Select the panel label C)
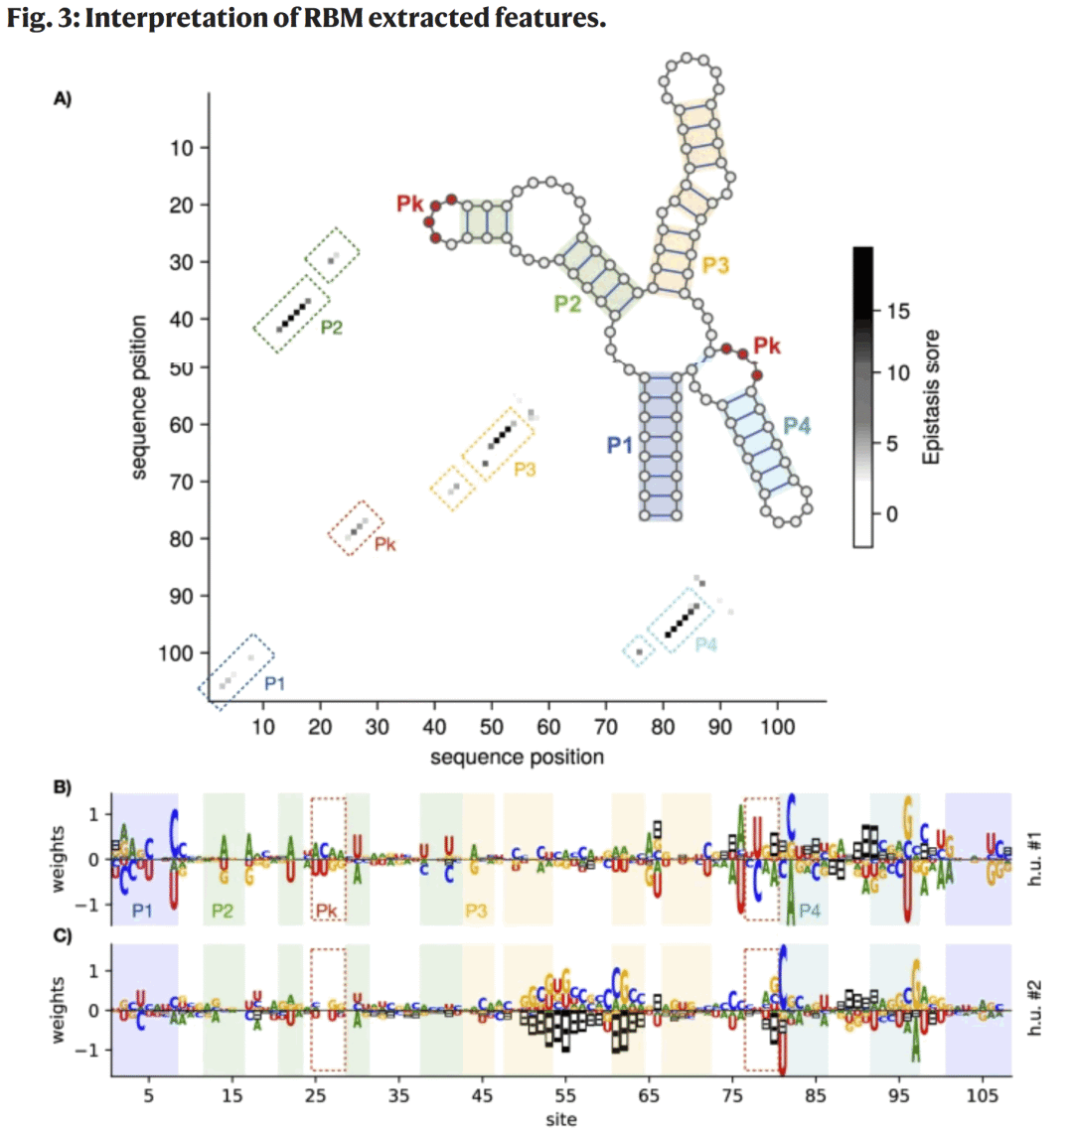coord(63,936)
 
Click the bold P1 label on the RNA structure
coord(619,445)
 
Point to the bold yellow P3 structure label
coord(715,265)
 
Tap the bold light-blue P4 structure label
coord(797,426)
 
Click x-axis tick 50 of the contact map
coord(492,726)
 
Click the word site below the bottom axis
coord(561,1118)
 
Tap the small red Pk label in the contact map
coord(384,543)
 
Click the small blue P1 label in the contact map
coord(274,683)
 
